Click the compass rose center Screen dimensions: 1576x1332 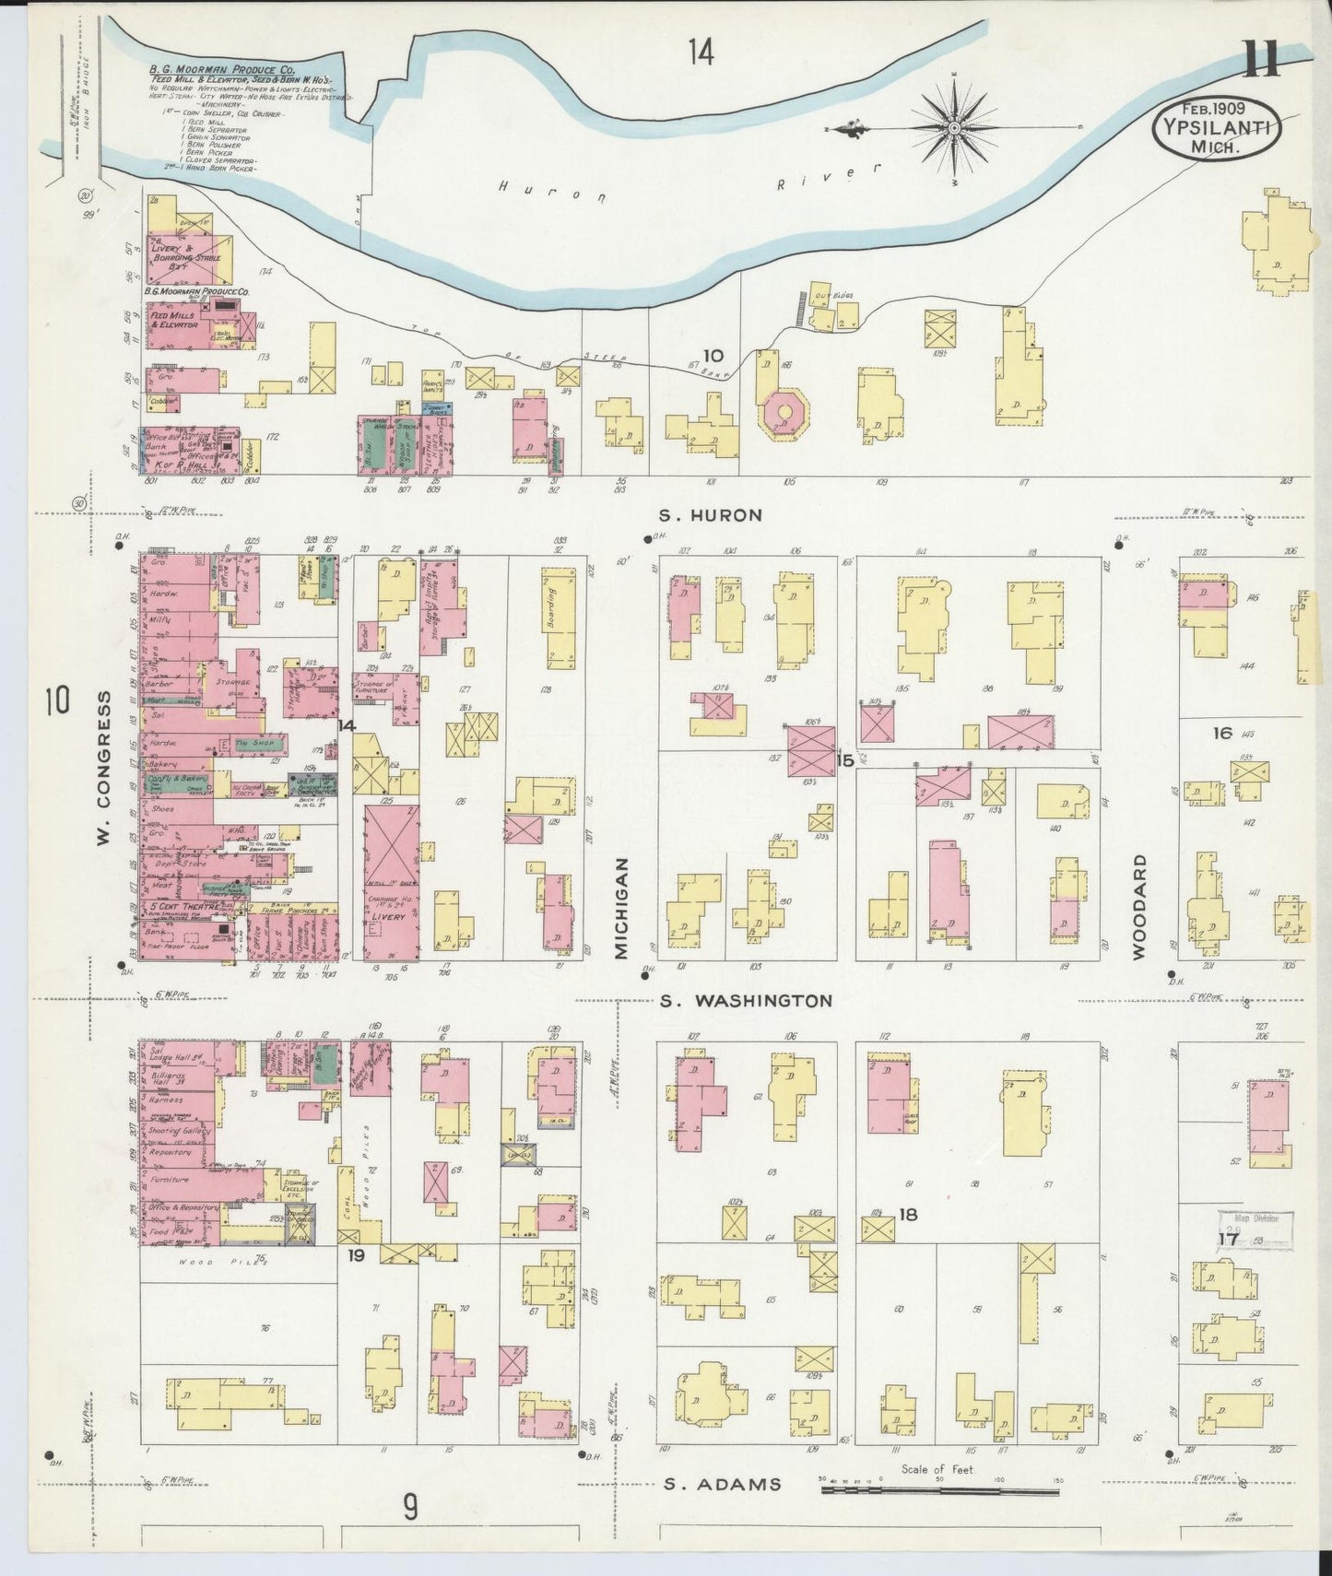click(x=954, y=126)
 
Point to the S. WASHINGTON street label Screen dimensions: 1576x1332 click(x=747, y=1000)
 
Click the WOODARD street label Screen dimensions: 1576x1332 click(x=1140, y=907)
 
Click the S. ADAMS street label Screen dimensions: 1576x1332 click(x=723, y=1484)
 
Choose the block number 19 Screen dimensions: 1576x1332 click(x=356, y=1255)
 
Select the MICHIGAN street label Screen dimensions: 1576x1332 click(x=623, y=907)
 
